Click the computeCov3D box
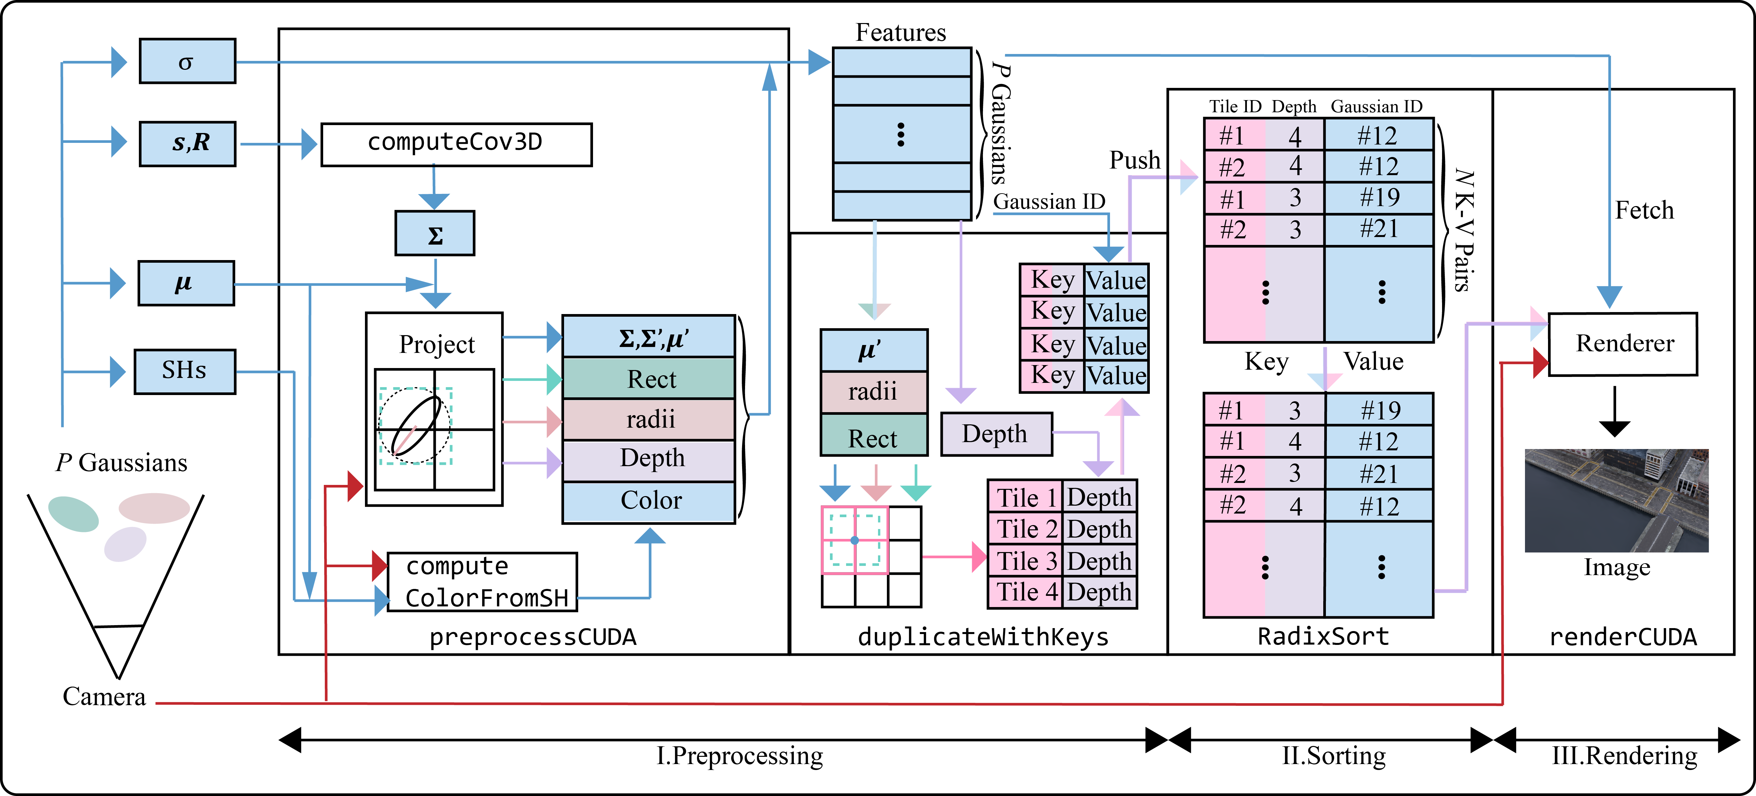pyautogui.click(x=456, y=144)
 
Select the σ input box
pyautogui.click(x=188, y=61)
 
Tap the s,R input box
pyautogui.click(x=188, y=143)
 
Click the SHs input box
pyautogui.click(x=185, y=371)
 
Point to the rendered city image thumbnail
pyautogui.click(x=1616, y=500)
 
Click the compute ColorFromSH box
pyautogui.click(x=482, y=582)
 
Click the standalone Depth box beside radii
pyautogui.click(x=996, y=434)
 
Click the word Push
pyautogui.click(x=1134, y=160)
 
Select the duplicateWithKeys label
pyautogui.click(x=983, y=637)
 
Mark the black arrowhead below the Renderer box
pyautogui.click(x=1614, y=428)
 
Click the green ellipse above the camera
pyautogui.click(x=74, y=514)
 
